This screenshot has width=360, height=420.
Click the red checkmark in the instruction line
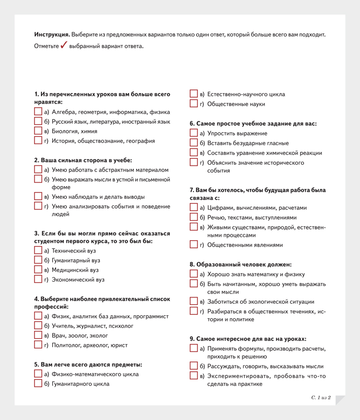pyautogui.click(x=63, y=46)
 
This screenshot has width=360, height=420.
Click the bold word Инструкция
pyautogui.click(x=52, y=35)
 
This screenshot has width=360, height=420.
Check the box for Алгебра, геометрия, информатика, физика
pyautogui.click(x=38, y=112)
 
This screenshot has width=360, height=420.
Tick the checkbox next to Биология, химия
pyautogui.click(x=38, y=131)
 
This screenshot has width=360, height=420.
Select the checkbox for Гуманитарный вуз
pyautogui.click(x=38, y=260)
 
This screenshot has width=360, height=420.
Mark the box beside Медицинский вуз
pyautogui.click(x=38, y=269)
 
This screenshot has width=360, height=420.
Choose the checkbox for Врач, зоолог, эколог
pyautogui.click(x=38, y=335)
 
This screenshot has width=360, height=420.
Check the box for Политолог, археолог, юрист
pyautogui.click(x=38, y=345)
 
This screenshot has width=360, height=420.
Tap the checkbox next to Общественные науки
pyautogui.click(x=194, y=103)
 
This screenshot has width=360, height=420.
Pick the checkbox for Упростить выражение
pyautogui.click(x=194, y=133)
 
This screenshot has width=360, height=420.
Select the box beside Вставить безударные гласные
pyautogui.click(x=194, y=143)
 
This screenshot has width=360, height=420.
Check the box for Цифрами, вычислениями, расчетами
pyautogui.click(x=194, y=208)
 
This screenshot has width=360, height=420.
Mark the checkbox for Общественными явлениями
pyautogui.click(x=194, y=245)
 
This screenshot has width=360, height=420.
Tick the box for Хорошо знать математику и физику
pyautogui.click(x=194, y=274)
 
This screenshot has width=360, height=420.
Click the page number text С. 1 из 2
pyautogui.click(x=321, y=398)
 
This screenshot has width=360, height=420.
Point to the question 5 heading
pyautogui.click(x=88, y=364)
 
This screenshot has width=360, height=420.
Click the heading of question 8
pyautogui.click(x=240, y=265)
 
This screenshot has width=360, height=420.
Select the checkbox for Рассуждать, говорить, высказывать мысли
pyautogui.click(x=194, y=366)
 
